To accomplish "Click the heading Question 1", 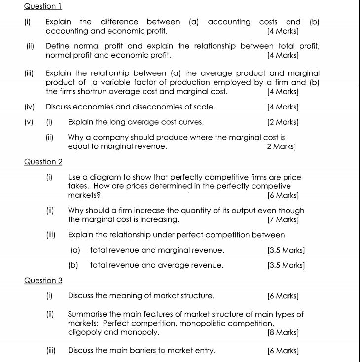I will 43,6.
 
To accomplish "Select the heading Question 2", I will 43,162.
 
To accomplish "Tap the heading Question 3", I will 43,281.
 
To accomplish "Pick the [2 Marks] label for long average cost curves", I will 283,122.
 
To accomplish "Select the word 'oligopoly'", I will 85,332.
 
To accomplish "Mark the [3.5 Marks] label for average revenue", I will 286,265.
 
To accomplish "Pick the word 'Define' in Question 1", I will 57,46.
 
